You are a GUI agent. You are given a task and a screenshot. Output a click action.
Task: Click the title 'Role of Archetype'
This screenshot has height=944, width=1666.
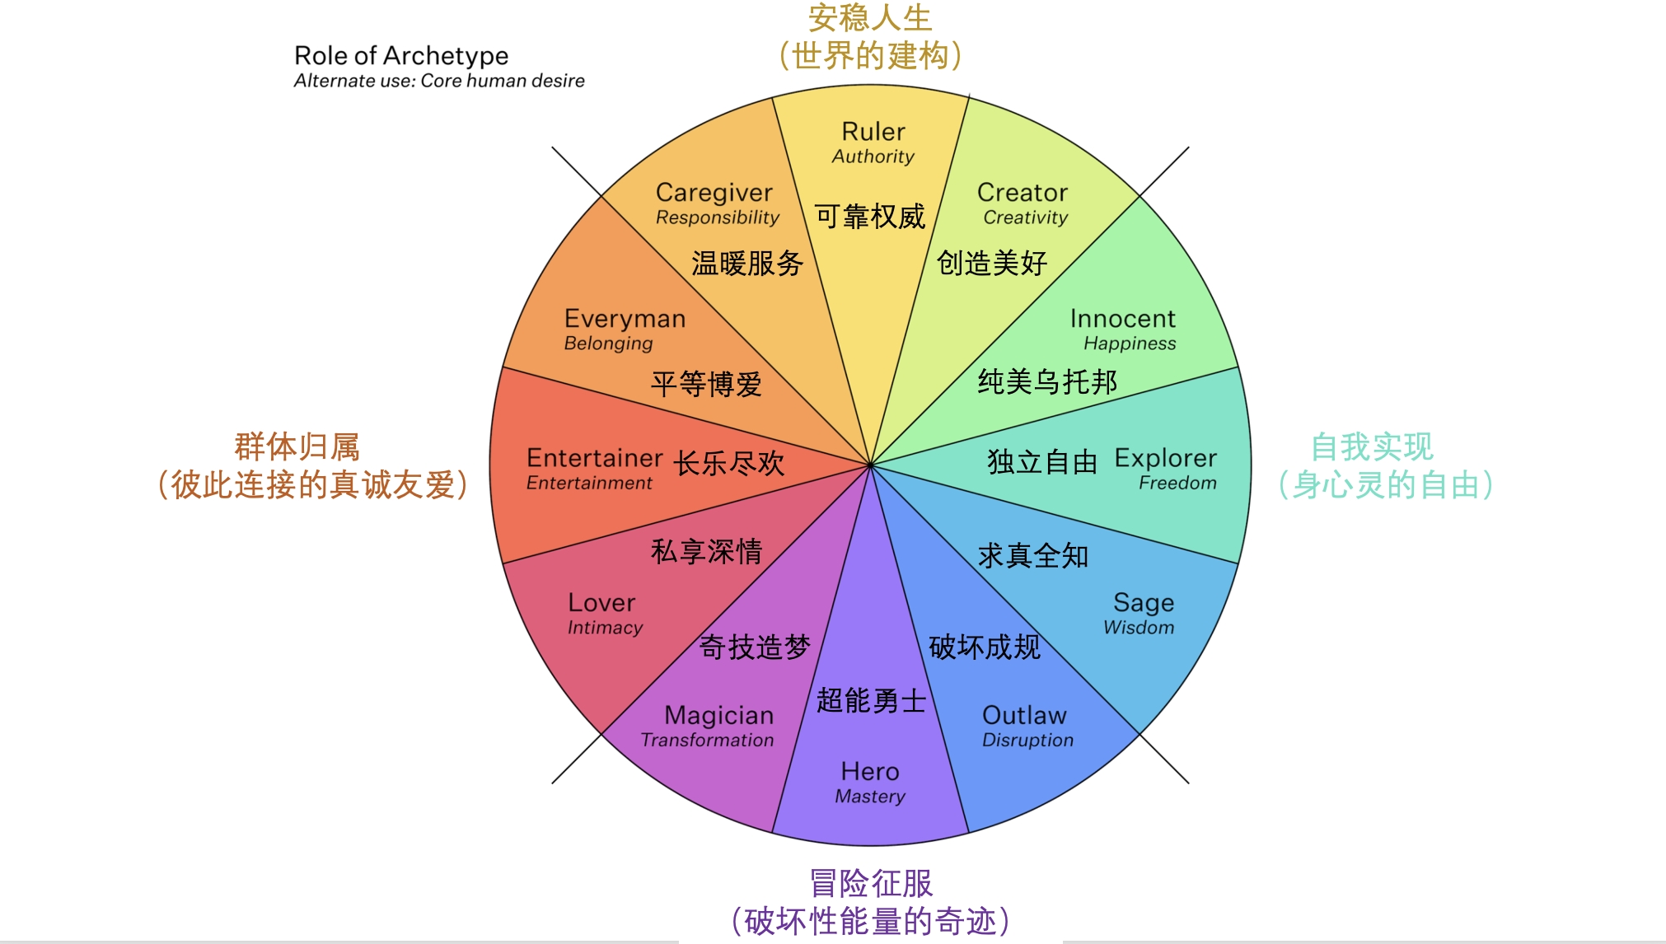point(401,56)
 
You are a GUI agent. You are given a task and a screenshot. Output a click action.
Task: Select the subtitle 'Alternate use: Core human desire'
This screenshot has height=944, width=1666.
point(439,81)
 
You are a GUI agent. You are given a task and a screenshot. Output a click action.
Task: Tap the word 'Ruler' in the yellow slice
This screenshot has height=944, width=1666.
point(873,132)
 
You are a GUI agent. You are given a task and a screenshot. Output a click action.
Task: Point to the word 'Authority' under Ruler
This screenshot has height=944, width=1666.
point(873,157)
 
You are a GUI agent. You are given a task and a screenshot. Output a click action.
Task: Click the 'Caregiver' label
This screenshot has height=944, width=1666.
point(714,193)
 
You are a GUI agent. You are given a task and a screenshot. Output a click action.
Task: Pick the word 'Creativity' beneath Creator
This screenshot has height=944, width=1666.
point(1025,217)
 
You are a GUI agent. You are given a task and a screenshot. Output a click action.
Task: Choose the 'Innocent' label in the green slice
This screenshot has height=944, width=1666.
point(1122,319)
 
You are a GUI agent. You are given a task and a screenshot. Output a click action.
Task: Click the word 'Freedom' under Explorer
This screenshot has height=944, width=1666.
point(1177,483)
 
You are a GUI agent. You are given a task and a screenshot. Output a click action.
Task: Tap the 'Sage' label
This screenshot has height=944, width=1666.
point(1143,603)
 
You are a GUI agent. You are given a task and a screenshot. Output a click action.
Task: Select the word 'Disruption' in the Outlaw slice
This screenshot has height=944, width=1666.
point(1027,740)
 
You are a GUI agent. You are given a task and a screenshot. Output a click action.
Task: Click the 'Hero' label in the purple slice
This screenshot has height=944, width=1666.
point(870,772)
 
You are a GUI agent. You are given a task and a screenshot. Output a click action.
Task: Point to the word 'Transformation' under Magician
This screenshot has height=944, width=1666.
point(707,740)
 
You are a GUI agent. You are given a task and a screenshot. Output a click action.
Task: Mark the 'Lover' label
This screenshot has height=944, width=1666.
point(601,603)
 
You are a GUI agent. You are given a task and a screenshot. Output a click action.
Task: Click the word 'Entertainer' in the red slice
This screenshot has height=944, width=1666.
point(594,458)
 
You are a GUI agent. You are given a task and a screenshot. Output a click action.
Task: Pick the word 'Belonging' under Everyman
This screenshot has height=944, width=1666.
point(608,343)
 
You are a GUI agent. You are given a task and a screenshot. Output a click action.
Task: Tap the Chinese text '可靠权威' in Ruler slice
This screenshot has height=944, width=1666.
point(870,217)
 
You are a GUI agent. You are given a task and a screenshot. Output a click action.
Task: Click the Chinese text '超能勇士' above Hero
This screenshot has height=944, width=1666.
point(871,701)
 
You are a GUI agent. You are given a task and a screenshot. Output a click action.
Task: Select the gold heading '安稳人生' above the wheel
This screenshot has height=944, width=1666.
point(869,18)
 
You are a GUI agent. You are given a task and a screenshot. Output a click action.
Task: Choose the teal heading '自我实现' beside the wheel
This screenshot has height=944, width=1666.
point(1372,447)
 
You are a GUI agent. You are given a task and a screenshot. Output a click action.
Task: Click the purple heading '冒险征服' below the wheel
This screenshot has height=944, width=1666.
point(871,883)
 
